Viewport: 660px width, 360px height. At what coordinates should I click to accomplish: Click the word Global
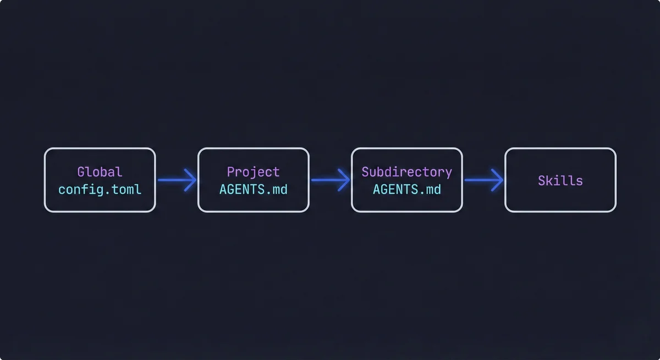click(100, 172)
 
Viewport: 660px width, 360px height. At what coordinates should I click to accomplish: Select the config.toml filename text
click(100, 190)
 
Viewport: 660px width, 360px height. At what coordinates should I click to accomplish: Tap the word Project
click(253, 172)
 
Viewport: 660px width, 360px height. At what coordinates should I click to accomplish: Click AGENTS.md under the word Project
click(253, 190)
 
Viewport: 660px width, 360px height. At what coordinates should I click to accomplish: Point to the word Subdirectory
click(406, 172)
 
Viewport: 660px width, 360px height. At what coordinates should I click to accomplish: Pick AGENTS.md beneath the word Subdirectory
click(406, 190)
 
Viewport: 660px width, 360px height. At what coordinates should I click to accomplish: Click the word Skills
click(560, 180)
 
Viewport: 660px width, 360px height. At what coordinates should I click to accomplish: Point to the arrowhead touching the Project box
click(191, 180)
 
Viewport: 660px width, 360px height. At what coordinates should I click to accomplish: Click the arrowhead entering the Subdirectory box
click(345, 180)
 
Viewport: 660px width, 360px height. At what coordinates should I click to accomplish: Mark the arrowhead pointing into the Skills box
click(498, 180)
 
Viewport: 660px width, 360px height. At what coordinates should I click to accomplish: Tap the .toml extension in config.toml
click(124, 190)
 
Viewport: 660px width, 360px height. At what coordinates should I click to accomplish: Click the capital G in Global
click(81, 172)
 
